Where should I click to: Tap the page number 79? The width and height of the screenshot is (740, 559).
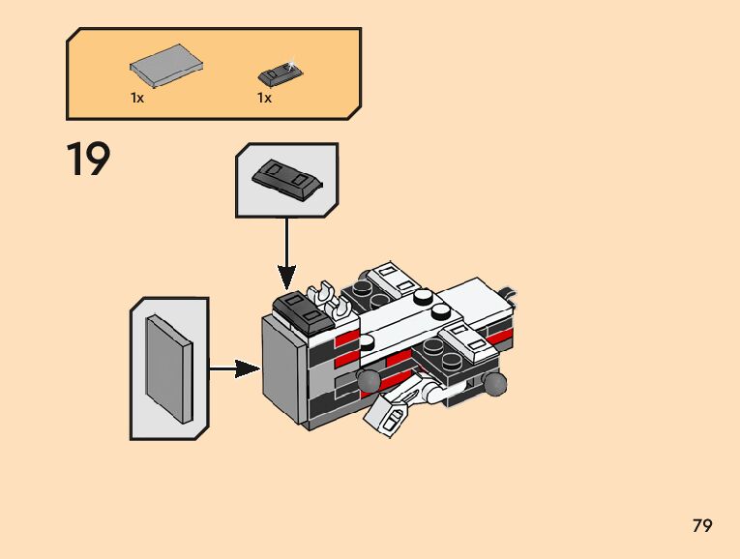point(702,526)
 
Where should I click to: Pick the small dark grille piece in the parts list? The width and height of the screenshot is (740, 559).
point(279,73)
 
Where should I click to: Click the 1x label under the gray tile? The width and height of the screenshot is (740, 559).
point(137,98)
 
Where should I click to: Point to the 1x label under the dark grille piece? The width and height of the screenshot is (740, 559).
point(264,98)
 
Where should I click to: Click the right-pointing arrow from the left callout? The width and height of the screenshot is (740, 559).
point(234,368)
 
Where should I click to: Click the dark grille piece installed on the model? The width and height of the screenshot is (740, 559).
point(302,310)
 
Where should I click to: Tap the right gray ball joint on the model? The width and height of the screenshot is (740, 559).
point(495,385)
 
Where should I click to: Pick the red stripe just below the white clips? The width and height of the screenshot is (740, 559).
point(347,338)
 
